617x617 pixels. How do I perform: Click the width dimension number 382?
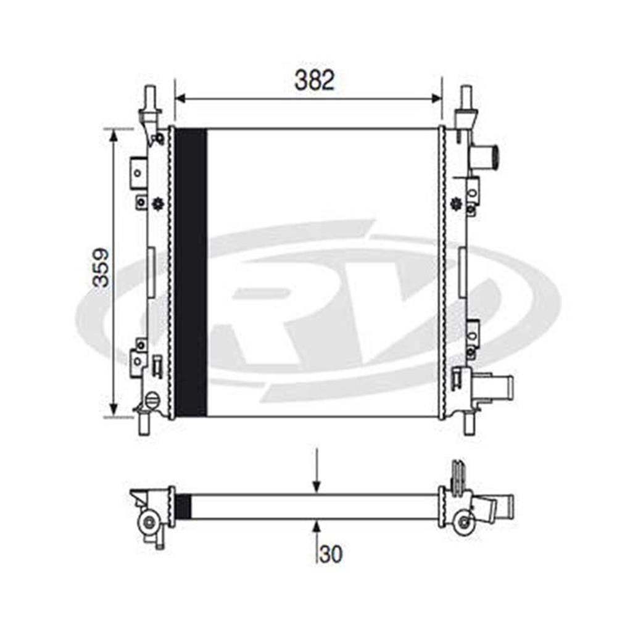pos(315,80)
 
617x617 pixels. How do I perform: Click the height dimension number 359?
pos(101,268)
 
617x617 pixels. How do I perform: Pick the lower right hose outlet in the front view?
pos(495,388)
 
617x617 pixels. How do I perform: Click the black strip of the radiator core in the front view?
pos(191,272)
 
